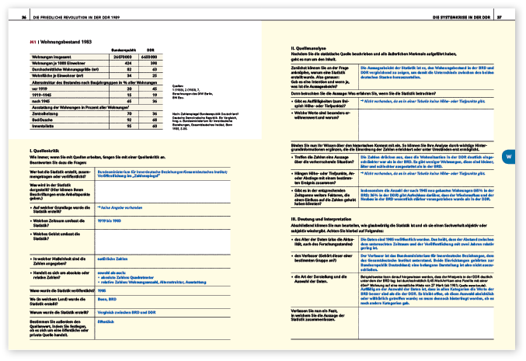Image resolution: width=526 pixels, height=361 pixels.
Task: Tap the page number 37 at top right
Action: pos(500,16)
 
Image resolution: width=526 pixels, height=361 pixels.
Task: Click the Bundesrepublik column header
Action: pos(124,48)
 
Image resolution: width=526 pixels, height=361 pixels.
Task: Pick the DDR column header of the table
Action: pos(149,48)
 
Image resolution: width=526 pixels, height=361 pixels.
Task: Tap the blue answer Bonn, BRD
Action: pos(105,297)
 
